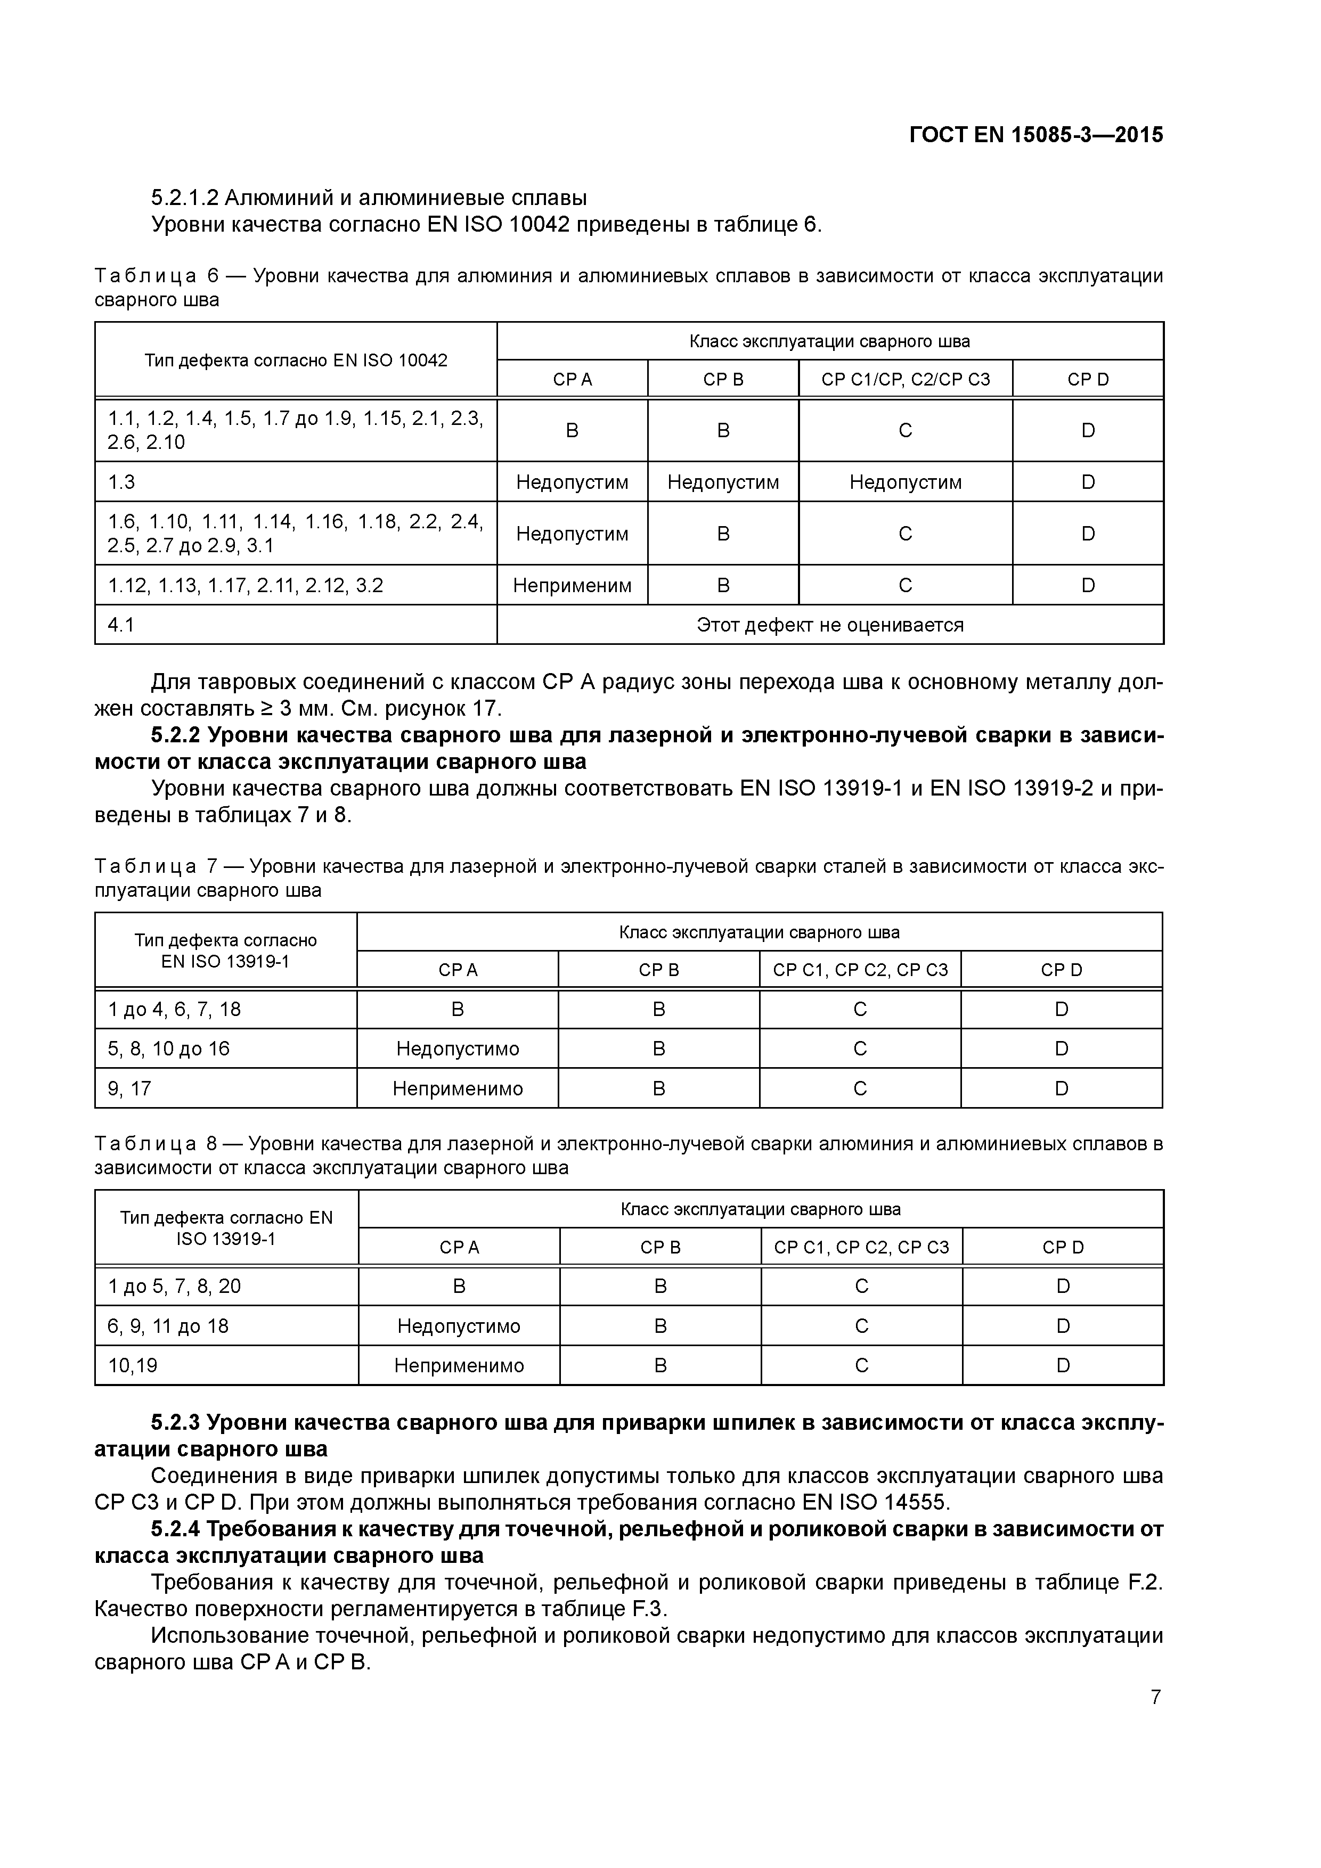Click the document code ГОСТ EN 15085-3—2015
tap(1035, 135)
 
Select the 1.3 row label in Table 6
tap(121, 482)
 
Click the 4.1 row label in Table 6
tap(121, 625)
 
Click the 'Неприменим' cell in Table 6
tap(572, 586)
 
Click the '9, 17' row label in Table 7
tap(129, 1088)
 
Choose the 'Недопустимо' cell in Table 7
tap(458, 1048)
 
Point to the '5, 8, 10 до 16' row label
tap(168, 1048)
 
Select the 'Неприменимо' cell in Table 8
tap(459, 1366)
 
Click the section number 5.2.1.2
tap(185, 198)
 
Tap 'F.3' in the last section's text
tap(649, 1609)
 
